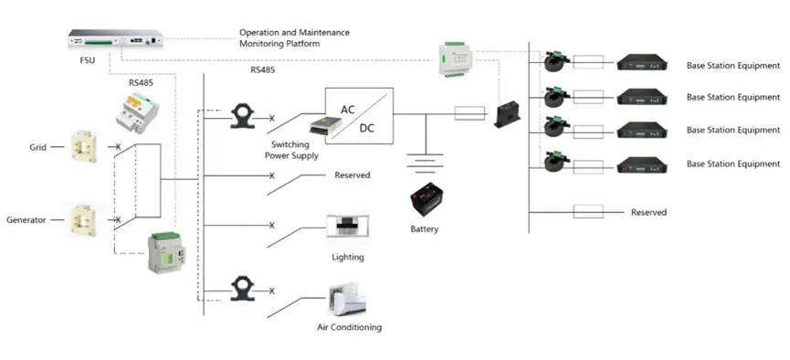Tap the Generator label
(x=27, y=220)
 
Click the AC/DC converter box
(x=359, y=117)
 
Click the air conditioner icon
(x=348, y=302)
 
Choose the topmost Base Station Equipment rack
(x=648, y=65)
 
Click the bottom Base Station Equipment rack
(x=648, y=164)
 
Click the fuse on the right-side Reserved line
(x=588, y=212)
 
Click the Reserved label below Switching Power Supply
(x=352, y=175)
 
